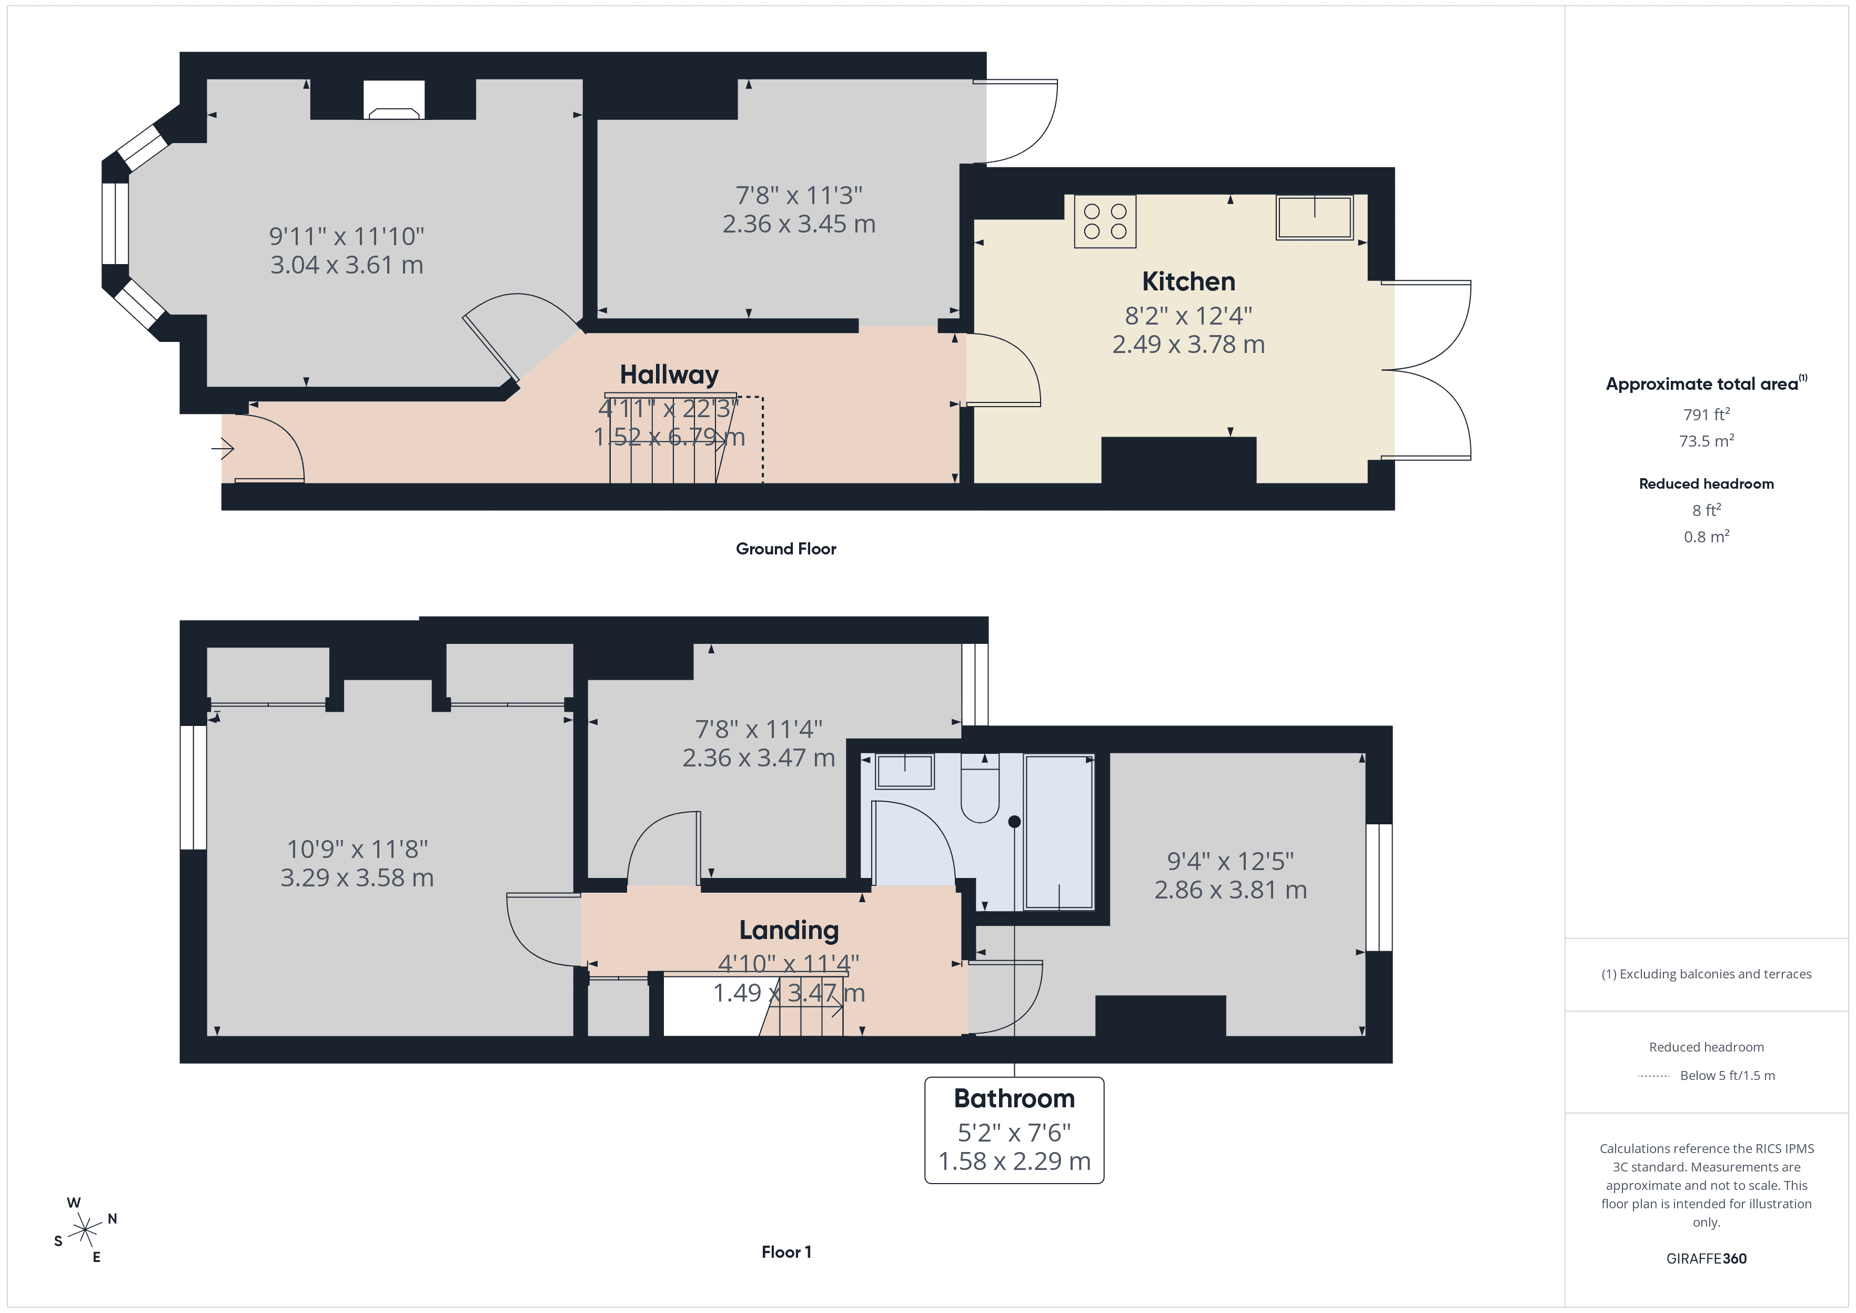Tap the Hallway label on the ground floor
[x=669, y=375]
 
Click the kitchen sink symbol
[x=1314, y=217]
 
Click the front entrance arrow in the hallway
[x=223, y=447]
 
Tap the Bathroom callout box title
[x=1014, y=1098]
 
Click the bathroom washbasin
[x=904, y=771]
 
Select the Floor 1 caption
[x=786, y=1251]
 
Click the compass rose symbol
[x=84, y=1230]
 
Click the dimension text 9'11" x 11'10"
[x=346, y=236]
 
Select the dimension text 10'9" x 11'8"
[x=357, y=849]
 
